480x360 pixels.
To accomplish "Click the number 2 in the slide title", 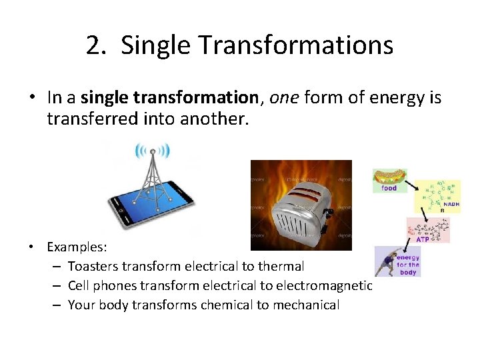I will coord(94,45).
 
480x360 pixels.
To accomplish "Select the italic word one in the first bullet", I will coord(285,98).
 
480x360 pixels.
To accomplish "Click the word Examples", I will coord(77,247).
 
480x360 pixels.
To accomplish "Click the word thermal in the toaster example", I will coord(281,266).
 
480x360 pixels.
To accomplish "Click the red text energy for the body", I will coord(408,265).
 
